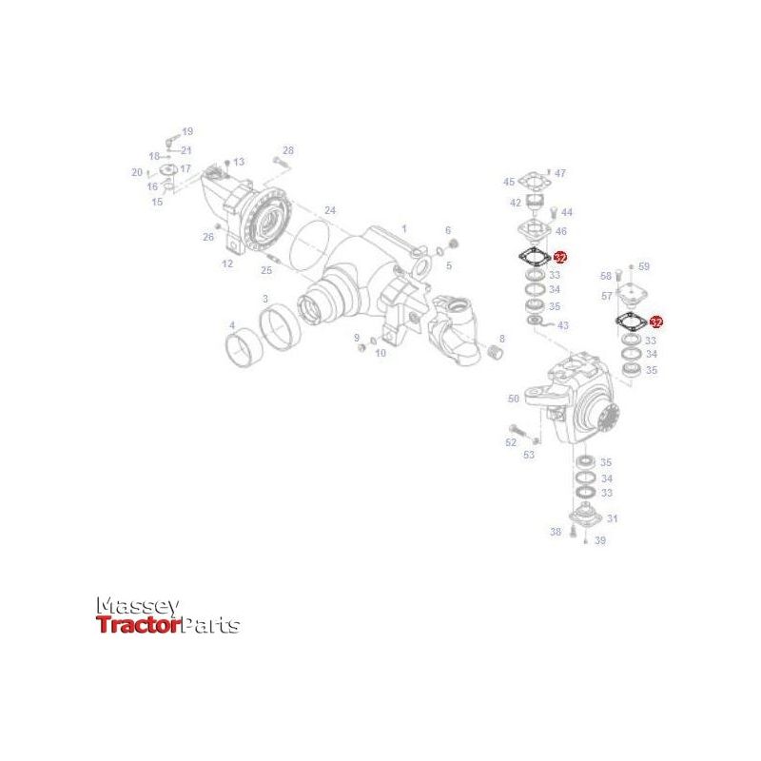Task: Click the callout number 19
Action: click(x=187, y=131)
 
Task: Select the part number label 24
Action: click(x=330, y=209)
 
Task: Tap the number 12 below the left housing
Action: click(x=227, y=263)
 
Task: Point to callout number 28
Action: click(x=288, y=150)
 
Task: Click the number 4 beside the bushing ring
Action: click(x=231, y=325)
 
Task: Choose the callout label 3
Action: click(x=265, y=299)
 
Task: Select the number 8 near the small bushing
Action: click(x=502, y=339)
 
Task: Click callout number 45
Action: click(x=509, y=182)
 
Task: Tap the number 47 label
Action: click(x=560, y=173)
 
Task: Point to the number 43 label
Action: click(x=563, y=325)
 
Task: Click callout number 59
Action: click(x=644, y=266)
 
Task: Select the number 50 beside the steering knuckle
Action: click(x=514, y=399)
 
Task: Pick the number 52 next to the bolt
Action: click(x=511, y=442)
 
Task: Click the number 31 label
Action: click(x=612, y=518)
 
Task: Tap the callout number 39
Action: click(x=600, y=540)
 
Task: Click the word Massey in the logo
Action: click(x=138, y=606)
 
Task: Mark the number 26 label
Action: click(x=208, y=237)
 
